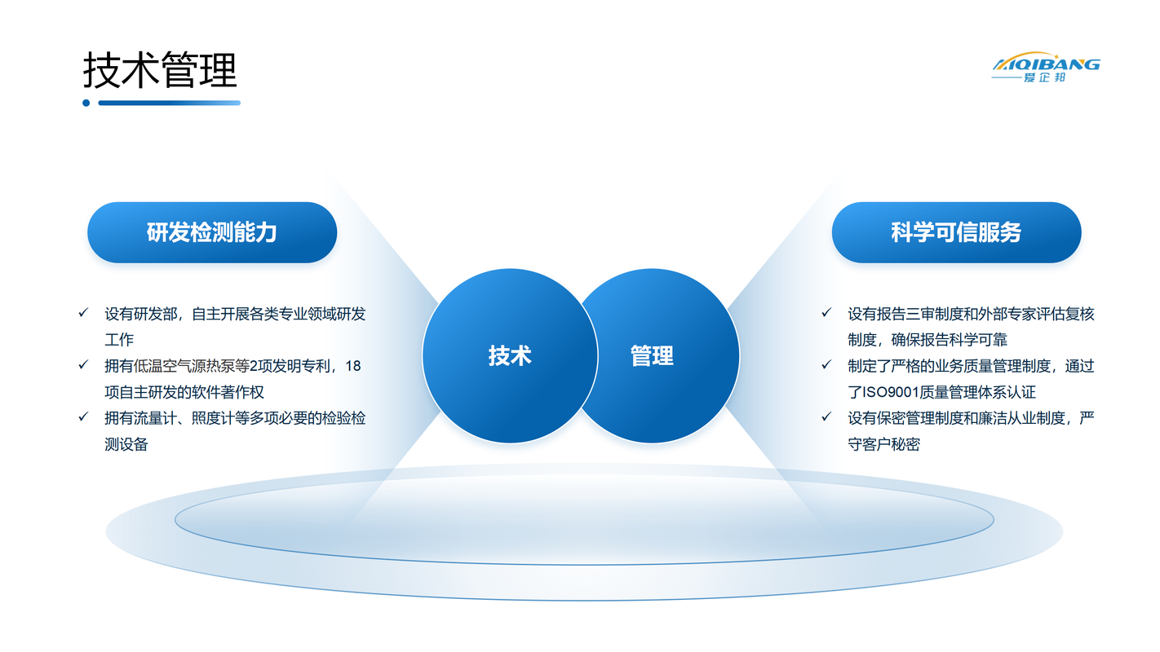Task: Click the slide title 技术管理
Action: pos(160,70)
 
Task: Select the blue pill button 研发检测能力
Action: pos(212,232)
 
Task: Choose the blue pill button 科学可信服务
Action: pos(956,232)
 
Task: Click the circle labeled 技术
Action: pos(510,356)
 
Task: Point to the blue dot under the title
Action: pos(86,103)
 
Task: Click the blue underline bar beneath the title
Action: pos(170,103)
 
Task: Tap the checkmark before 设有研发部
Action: pos(83,312)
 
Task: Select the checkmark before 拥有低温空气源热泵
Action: pos(83,365)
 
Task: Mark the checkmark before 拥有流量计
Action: pos(83,416)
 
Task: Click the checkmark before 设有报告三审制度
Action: pos(826,312)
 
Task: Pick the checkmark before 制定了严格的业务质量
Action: pos(826,365)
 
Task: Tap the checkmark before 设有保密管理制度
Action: pos(826,416)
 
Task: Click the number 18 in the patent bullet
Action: pos(353,366)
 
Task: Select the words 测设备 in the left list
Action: pos(126,444)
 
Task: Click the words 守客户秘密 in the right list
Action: pos(883,444)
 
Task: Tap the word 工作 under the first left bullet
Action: pos(119,340)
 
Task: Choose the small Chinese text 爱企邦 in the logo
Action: pos(1044,77)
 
